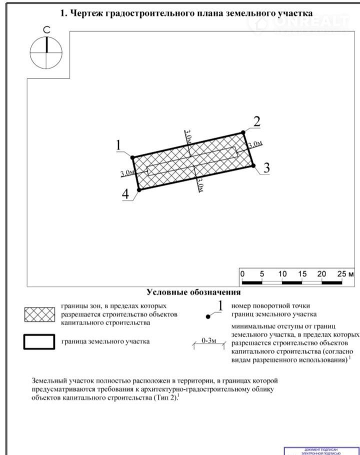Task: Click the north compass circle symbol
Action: (46, 52)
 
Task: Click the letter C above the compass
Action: (46, 30)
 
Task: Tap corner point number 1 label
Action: (119, 145)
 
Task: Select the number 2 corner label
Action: (257, 121)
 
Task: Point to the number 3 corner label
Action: (266, 168)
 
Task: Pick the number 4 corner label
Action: (125, 194)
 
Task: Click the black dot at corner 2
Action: (243, 132)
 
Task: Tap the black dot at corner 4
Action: (139, 189)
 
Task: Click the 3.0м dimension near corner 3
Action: (255, 144)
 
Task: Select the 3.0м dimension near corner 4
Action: (127, 173)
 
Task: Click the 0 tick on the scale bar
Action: (242, 274)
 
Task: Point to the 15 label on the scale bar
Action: (302, 274)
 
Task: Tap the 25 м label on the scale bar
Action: (345, 274)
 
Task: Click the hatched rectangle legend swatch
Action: (39, 314)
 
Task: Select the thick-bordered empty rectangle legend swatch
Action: (39, 342)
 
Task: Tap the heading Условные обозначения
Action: (193, 292)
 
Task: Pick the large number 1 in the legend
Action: (220, 305)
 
